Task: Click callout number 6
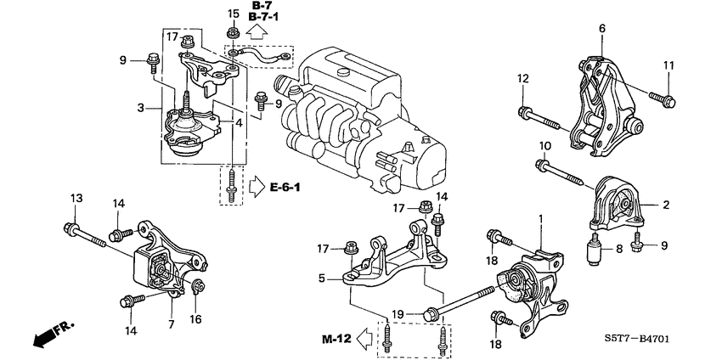point(601,29)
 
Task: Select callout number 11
point(668,66)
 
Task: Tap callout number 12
point(522,79)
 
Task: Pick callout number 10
point(544,146)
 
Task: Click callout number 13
point(76,198)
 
